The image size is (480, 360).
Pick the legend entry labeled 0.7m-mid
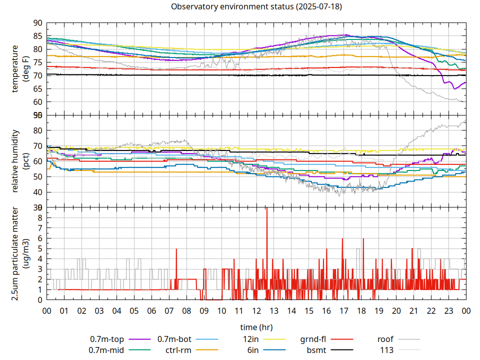click(x=106, y=349)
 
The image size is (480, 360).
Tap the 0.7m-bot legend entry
click(x=174, y=339)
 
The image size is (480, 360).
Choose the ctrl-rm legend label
click(x=179, y=349)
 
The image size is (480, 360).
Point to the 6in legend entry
click(x=253, y=349)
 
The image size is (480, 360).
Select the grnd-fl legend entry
click(x=313, y=339)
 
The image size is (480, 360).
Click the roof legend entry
click(x=385, y=339)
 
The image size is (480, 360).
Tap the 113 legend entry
click(x=387, y=349)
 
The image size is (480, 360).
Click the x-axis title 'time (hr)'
click(x=256, y=327)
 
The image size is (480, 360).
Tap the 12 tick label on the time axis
click(x=256, y=310)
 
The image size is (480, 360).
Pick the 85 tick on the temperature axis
click(x=37, y=36)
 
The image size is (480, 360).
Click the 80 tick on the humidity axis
click(x=37, y=130)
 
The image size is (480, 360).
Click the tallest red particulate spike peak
click(x=266, y=208)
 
